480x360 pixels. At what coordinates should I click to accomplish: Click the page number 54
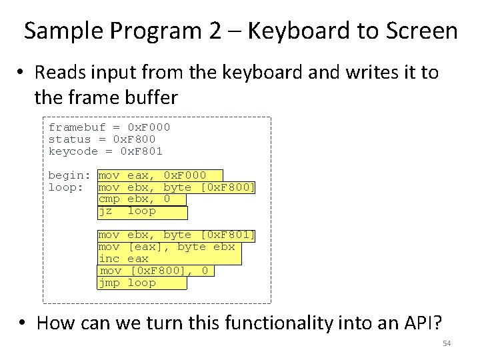446,343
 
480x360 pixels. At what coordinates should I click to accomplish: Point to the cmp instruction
109,199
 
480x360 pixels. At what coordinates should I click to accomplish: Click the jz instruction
105,211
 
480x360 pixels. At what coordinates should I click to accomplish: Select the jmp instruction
109,283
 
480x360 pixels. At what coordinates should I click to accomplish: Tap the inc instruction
109,259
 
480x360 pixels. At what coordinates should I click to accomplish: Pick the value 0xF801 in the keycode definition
141,151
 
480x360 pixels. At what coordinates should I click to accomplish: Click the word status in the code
69,139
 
